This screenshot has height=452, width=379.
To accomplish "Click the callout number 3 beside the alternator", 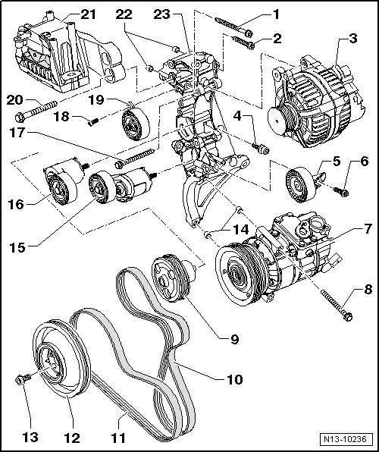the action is pos(352,39).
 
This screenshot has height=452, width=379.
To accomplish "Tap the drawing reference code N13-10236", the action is pos(346,439).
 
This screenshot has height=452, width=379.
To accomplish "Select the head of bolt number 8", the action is pos(349,317).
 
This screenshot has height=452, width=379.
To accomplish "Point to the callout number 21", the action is pos(88,14).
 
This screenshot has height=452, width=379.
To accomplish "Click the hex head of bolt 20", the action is pos(19,118).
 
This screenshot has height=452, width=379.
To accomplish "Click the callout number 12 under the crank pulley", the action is pos(72,438).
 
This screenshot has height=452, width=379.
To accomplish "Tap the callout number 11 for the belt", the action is pos(118,438).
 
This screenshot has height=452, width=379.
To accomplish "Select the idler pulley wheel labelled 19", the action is pos(136,124).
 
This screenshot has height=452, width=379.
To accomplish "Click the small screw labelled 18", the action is pos(93,122).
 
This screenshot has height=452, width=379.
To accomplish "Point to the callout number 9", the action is pos(235,339).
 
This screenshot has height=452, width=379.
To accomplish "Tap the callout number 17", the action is pos(17,133).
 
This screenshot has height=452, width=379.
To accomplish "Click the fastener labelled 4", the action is pos(261,149).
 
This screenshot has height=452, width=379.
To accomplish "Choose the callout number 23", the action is pos(161,14).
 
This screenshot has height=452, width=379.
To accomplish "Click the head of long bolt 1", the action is pos(248,33).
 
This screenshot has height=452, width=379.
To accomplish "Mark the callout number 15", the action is pos(17,247).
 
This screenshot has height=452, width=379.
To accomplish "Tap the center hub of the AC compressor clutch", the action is pos(237,276).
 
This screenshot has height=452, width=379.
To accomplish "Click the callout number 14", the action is pos(241,230).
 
